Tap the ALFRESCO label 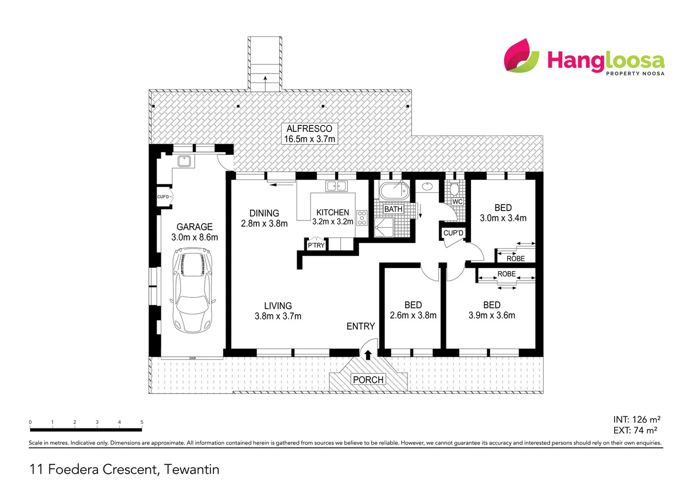tap(309, 129)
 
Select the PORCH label tap(368, 379)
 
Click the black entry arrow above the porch tap(368, 355)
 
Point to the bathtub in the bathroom tap(394, 191)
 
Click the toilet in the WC tap(455, 188)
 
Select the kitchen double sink tap(336, 186)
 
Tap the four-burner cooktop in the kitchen tap(361, 218)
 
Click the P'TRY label tap(316, 245)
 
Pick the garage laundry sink tap(184, 161)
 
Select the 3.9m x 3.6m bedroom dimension tap(492, 316)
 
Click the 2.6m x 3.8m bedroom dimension tap(413, 316)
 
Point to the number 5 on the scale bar tap(142, 422)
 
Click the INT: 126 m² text tap(636, 419)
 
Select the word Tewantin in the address tap(192, 470)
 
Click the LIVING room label tap(278, 306)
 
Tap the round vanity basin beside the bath tap(427, 186)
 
